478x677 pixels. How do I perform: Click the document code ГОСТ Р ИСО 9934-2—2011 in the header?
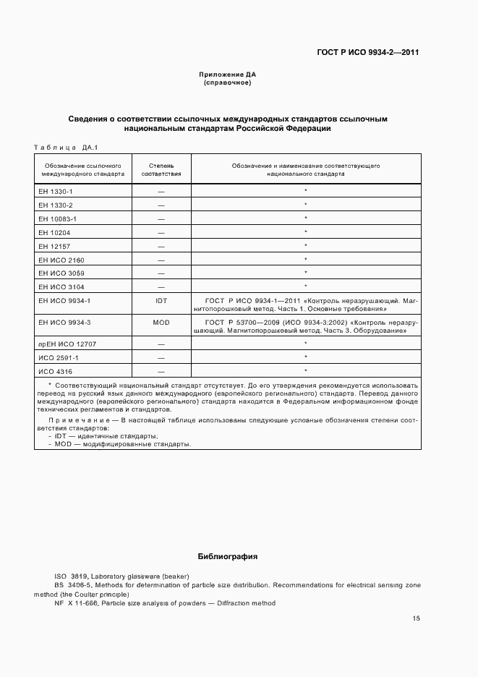point(369,52)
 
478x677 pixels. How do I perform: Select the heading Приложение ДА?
point(228,74)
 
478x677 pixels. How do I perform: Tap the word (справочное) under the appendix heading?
point(228,83)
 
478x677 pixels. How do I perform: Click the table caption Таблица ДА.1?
point(66,148)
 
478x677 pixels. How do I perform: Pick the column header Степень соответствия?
point(161,170)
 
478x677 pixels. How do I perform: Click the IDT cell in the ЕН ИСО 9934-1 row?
point(161,299)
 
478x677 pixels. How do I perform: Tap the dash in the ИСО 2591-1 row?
point(161,357)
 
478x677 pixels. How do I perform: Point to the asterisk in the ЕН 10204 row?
point(306,232)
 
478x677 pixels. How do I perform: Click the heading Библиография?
point(228,557)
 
